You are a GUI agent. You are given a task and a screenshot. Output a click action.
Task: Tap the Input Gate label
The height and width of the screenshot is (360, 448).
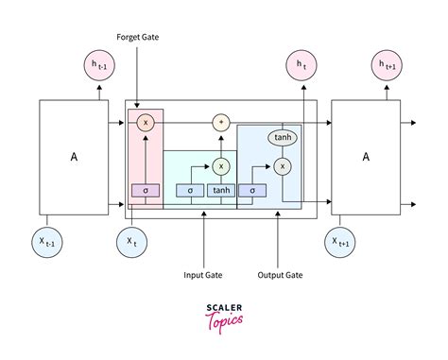pyautogui.click(x=203, y=276)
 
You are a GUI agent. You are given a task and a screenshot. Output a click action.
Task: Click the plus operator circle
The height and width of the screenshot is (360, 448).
pyautogui.click(x=221, y=123)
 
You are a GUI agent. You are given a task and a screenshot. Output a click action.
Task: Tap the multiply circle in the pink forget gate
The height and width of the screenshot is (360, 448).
pyautogui.click(x=145, y=123)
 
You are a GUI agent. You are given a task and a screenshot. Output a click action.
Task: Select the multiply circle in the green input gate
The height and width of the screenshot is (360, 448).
pyautogui.click(x=221, y=165)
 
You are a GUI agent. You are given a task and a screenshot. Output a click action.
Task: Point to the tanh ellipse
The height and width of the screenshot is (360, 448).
pyautogui.click(x=281, y=138)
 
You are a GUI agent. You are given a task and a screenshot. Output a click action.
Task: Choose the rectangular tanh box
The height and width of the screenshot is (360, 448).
pyautogui.click(x=221, y=190)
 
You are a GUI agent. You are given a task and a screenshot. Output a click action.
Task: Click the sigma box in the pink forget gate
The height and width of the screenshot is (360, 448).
pyautogui.click(x=145, y=190)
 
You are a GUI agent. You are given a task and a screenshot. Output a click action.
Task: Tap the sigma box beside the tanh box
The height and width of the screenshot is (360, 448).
pyautogui.click(x=190, y=190)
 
